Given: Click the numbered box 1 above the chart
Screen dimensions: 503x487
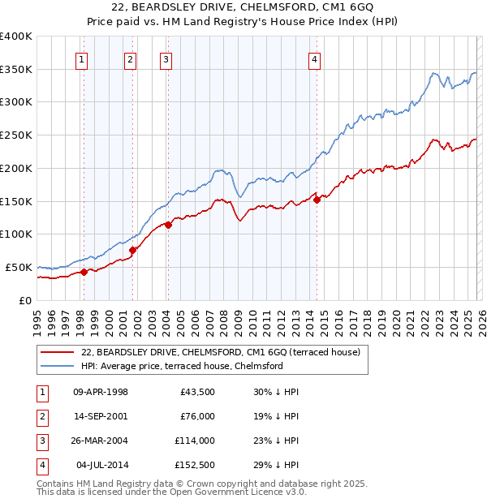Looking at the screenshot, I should click(83, 58).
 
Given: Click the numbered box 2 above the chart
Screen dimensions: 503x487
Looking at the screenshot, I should click(130, 58).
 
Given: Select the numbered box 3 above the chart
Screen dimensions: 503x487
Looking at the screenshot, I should click(166, 58).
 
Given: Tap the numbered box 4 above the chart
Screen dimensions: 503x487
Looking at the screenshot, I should click(314, 58).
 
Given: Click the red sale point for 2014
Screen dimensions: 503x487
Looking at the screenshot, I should click(317, 200).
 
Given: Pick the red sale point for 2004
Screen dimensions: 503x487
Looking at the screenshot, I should click(168, 225).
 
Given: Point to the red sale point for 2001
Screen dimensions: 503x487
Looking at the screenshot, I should click(133, 250).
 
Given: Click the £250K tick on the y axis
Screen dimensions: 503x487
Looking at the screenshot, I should click(17, 135).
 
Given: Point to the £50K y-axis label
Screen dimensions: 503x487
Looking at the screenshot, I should click(19, 267).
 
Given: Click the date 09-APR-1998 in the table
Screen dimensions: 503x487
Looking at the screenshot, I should click(101, 392).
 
